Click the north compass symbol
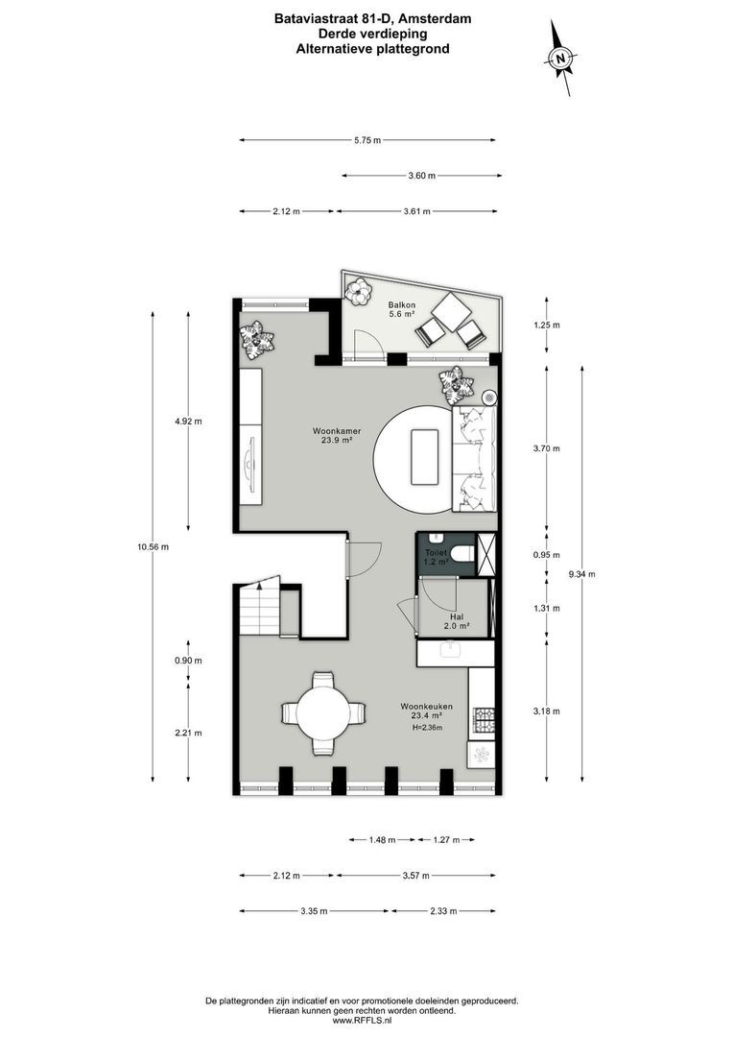point(561,59)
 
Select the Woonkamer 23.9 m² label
point(335,435)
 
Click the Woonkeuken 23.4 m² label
point(427,711)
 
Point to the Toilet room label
point(437,557)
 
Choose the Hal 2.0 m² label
point(456,621)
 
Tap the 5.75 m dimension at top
point(366,141)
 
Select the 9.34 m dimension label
point(581,574)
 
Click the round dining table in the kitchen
point(323,713)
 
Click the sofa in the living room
point(474,458)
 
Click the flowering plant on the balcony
point(359,291)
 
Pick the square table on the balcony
point(451,312)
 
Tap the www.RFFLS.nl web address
point(366,1021)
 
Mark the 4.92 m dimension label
point(187,421)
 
